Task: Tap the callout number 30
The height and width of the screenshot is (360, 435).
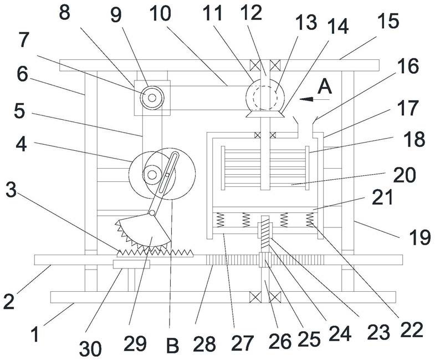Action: point(90,348)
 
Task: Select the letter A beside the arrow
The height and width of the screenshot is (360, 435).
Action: point(325,87)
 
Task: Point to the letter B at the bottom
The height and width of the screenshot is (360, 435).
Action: point(172,345)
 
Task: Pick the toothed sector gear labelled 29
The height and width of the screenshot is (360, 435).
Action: point(143,231)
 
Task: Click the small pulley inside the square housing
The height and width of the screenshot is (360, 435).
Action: point(152,98)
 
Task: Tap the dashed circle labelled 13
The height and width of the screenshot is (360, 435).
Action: point(265,98)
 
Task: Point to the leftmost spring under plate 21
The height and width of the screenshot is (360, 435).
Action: point(220,220)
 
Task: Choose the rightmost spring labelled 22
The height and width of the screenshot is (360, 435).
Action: point(310,220)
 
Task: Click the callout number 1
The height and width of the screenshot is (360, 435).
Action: point(35,334)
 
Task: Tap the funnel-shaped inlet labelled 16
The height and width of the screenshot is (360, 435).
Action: point(305,126)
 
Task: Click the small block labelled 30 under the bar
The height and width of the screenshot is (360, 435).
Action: point(131,264)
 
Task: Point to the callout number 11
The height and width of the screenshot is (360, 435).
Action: point(212,13)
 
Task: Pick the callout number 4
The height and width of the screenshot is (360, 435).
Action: point(22,144)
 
